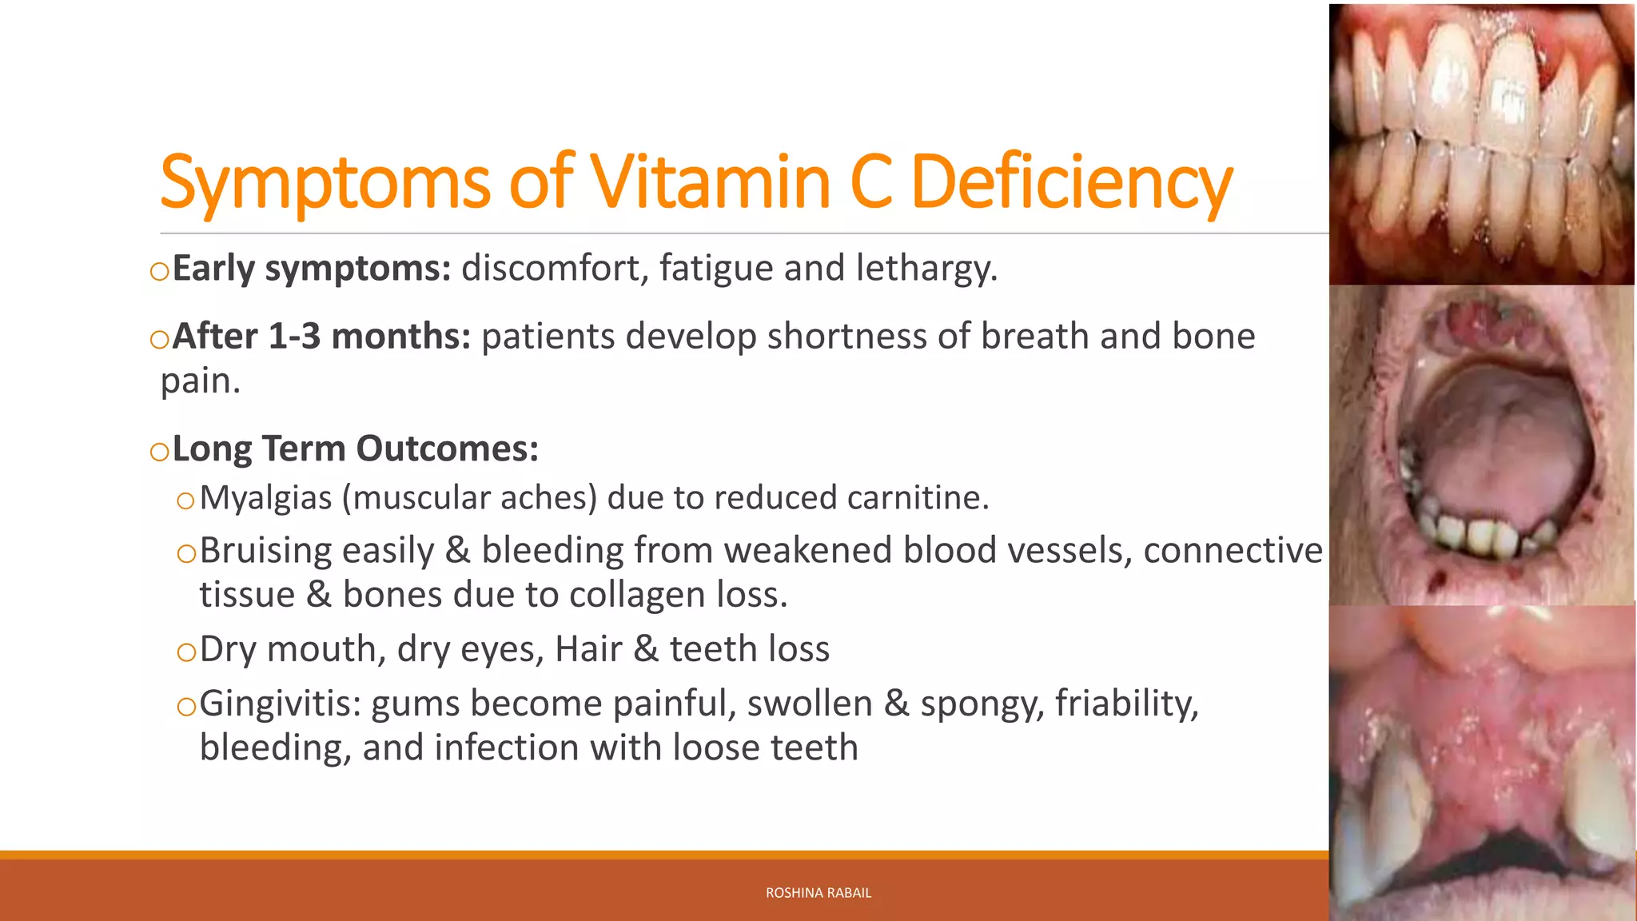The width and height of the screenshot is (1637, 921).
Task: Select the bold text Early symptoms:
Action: pyautogui.click(x=312, y=269)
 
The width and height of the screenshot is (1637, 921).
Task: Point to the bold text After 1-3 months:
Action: pyautogui.click(x=321, y=337)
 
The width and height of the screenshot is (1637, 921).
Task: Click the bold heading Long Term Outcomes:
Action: pyautogui.click(x=355, y=449)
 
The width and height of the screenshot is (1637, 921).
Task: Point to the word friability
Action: pyautogui.click(x=1126, y=704)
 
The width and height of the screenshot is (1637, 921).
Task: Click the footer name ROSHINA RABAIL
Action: pyautogui.click(x=818, y=893)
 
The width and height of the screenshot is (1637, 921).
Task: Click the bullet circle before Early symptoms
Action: pyautogui.click(x=160, y=272)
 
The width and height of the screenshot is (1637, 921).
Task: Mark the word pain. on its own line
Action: pyautogui.click(x=200, y=381)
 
